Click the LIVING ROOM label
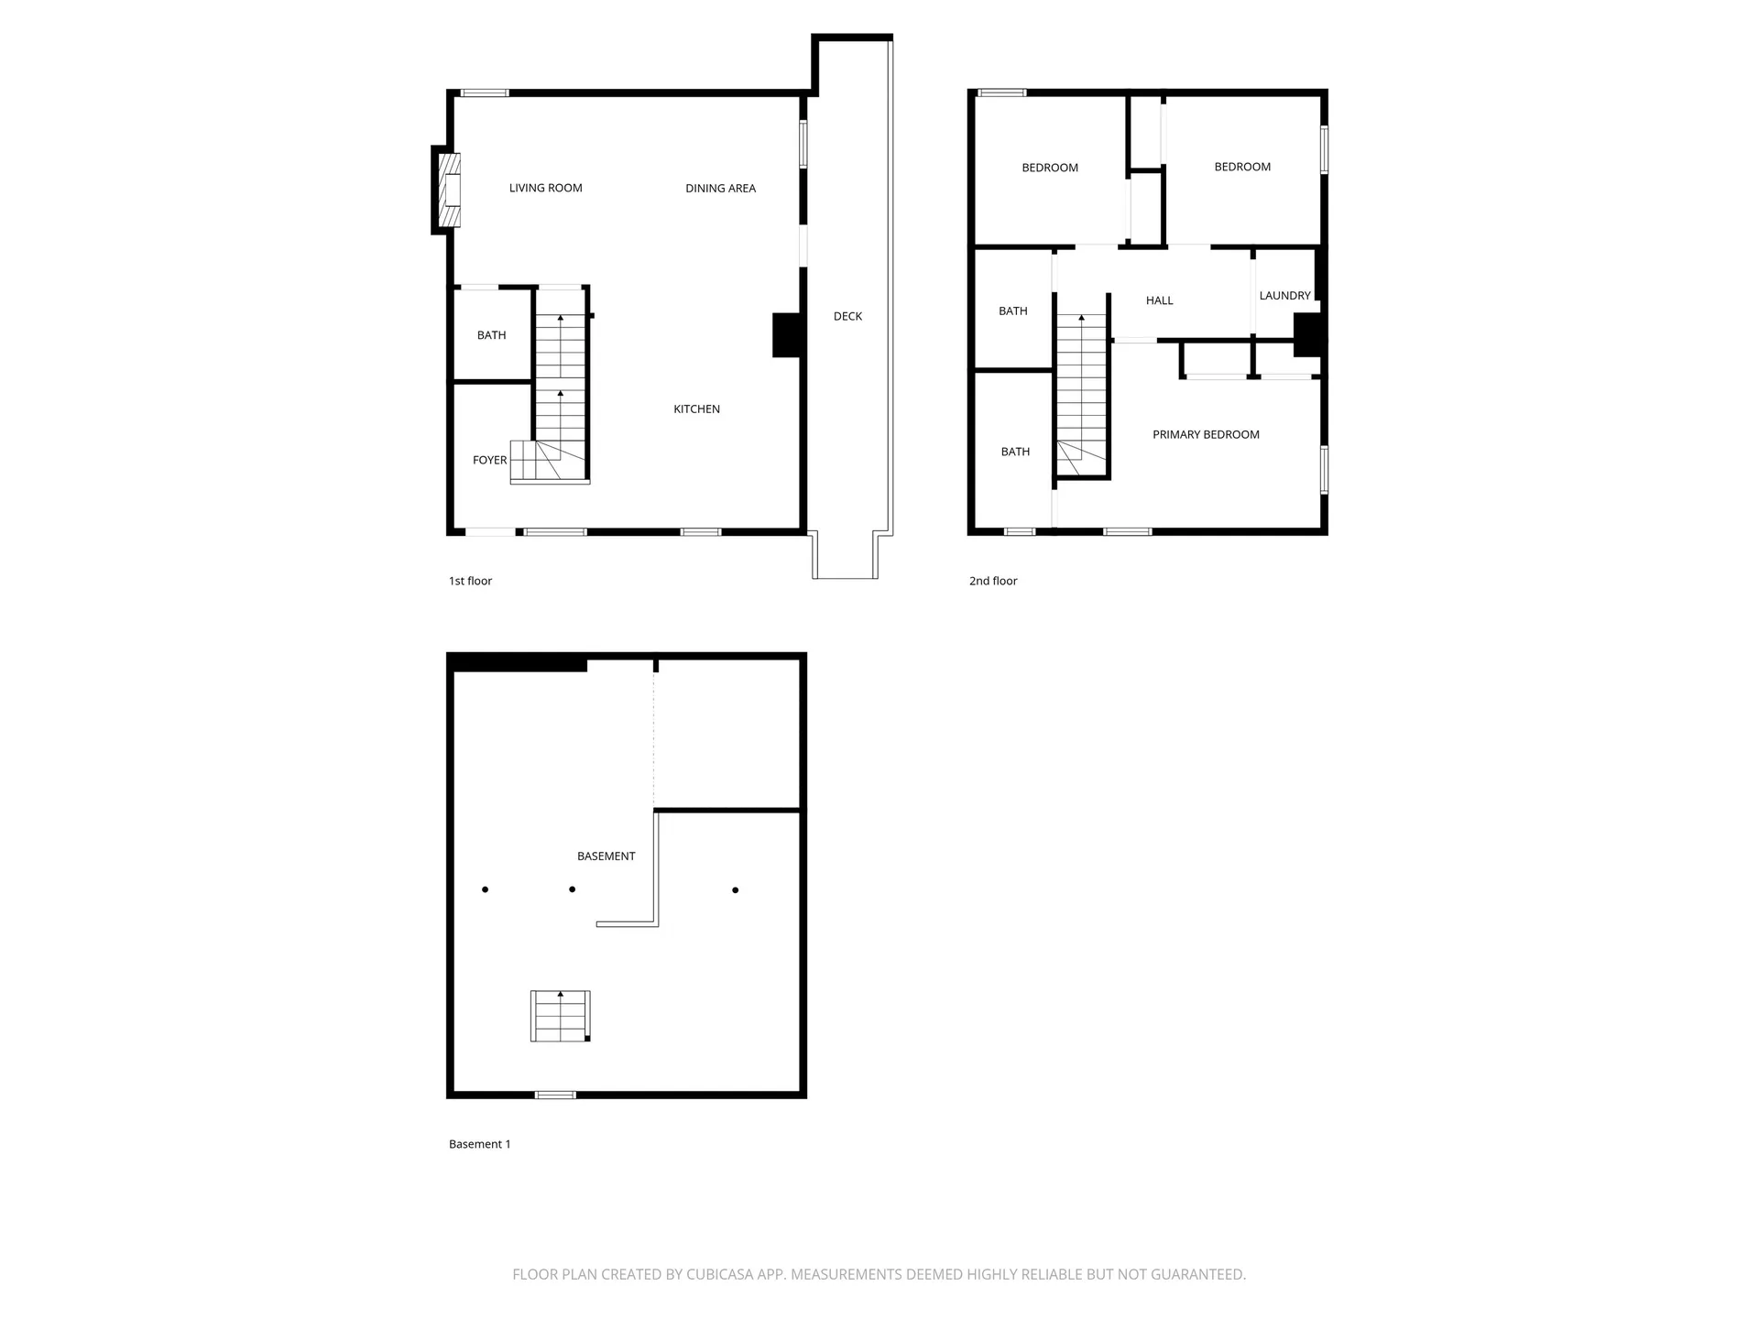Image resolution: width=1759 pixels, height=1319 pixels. [x=545, y=188]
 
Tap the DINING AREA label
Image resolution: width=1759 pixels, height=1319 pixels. [x=720, y=188]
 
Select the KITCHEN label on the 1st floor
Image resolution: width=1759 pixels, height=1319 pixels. [x=696, y=409]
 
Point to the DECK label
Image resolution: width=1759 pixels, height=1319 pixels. [x=847, y=316]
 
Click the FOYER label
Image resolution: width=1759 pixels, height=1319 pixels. [x=489, y=460]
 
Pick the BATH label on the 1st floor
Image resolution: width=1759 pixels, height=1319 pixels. [x=491, y=334]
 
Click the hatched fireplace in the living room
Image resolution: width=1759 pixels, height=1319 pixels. [x=449, y=190]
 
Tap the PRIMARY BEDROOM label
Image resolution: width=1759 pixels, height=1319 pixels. [x=1206, y=434]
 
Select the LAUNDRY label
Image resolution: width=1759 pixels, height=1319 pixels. [x=1284, y=295]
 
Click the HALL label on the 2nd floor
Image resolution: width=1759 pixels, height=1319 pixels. [x=1159, y=300]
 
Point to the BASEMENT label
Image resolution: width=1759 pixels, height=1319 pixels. [x=606, y=856]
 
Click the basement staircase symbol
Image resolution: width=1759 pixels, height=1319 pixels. [x=560, y=1016]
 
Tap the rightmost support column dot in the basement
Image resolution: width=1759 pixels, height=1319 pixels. [x=735, y=889]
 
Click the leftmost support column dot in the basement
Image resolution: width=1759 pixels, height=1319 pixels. [x=485, y=889]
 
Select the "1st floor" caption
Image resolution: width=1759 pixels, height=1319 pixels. [x=470, y=581]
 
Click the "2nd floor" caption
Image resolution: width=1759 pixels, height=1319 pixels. [x=993, y=581]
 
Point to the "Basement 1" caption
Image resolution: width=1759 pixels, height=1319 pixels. [x=479, y=1144]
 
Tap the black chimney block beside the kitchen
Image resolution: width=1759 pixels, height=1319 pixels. [x=787, y=334]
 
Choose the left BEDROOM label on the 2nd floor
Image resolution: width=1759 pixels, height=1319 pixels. [x=1050, y=168]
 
